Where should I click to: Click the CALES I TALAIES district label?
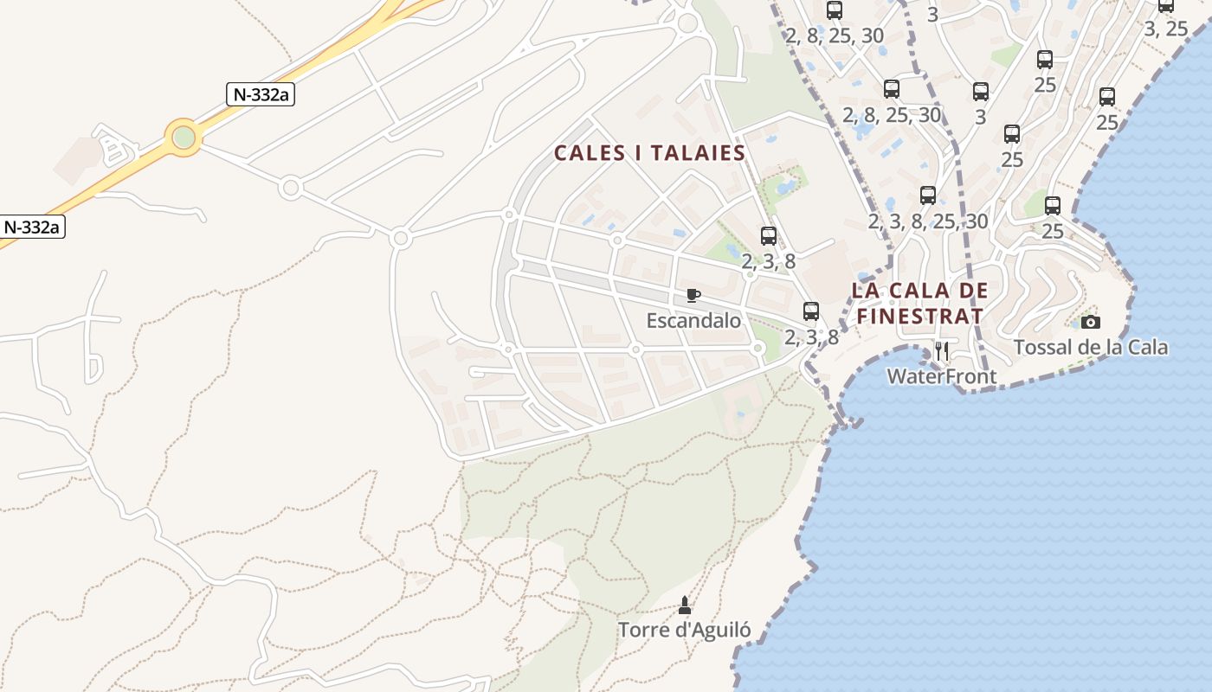(649, 153)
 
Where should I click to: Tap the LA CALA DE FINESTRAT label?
(919, 303)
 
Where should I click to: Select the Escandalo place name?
(693, 321)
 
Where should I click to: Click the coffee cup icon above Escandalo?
(693, 296)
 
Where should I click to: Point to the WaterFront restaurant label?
(941, 377)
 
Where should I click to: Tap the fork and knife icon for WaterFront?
(942, 351)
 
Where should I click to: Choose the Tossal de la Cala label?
(1090, 348)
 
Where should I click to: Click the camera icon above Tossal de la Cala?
(1091, 322)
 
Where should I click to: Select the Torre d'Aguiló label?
(684, 630)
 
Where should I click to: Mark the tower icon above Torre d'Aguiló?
(685, 605)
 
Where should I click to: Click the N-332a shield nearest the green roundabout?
(261, 94)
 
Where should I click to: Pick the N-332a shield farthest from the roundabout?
(32, 227)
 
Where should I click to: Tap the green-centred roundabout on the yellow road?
(184, 137)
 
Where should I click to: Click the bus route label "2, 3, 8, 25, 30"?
(927, 221)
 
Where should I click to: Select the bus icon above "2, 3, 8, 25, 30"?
(928, 195)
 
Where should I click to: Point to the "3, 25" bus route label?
(1166, 29)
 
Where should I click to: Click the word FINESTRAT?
(919, 316)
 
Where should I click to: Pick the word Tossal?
(1043, 348)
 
